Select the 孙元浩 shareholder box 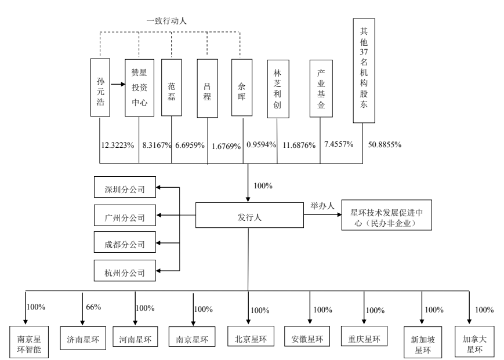click(100, 87)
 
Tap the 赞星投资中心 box click(139, 87)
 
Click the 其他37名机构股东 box click(364, 70)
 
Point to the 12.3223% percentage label click(117, 144)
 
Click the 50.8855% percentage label click(385, 144)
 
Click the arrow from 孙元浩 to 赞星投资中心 click(117, 85)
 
